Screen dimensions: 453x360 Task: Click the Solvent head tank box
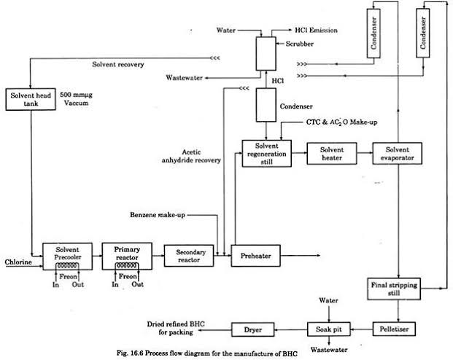31,99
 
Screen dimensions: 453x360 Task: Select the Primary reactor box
127,257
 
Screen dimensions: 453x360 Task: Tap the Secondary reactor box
189,256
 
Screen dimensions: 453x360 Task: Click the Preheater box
256,256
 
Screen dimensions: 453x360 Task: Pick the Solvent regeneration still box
267,154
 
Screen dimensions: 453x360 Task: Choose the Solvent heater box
332,154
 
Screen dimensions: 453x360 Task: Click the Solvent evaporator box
398,154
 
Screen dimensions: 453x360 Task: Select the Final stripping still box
394,289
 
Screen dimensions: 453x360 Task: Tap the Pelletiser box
394,329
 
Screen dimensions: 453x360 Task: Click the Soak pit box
329,329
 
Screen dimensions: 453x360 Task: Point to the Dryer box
253,329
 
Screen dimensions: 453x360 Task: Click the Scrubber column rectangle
266,54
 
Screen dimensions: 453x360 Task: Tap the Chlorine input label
18,262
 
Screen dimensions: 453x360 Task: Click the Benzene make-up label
158,215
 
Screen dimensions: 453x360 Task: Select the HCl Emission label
316,31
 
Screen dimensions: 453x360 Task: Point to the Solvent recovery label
118,64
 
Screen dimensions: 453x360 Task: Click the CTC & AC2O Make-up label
342,122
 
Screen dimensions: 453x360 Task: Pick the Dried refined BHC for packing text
176,328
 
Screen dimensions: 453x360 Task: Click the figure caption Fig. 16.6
207,353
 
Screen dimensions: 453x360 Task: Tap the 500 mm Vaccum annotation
77,99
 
